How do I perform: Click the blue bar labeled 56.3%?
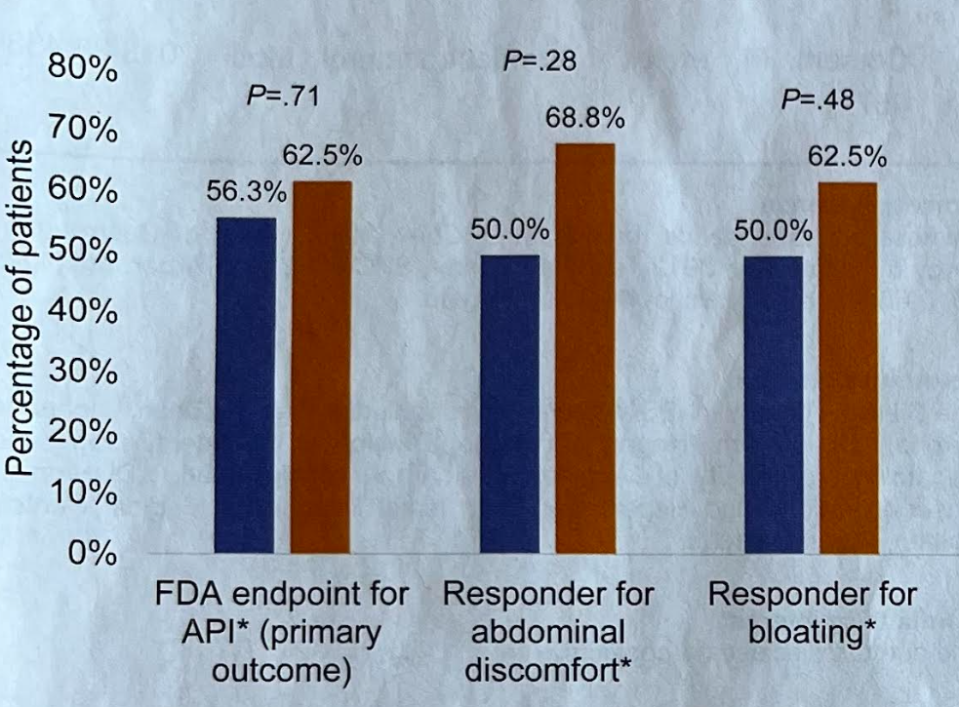pyautogui.click(x=245, y=385)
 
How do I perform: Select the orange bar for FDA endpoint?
pyautogui.click(x=322, y=368)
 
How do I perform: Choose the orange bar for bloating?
pyautogui.click(x=848, y=369)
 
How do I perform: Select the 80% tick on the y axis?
pyautogui.click(x=83, y=72)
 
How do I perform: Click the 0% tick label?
pyautogui.click(x=93, y=553)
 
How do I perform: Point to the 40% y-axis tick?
pyautogui.click(x=83, y=313)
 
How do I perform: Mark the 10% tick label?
pyautogui.click(x=83, y=493)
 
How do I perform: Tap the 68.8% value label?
pyautogui.click(x=585, y=120)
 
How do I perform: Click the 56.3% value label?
pyautogui.click(x=246, y=194)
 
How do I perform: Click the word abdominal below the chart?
pyautogui.click(x=547, y=633)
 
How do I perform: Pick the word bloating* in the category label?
pyautogui.click(x=811, y=633)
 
